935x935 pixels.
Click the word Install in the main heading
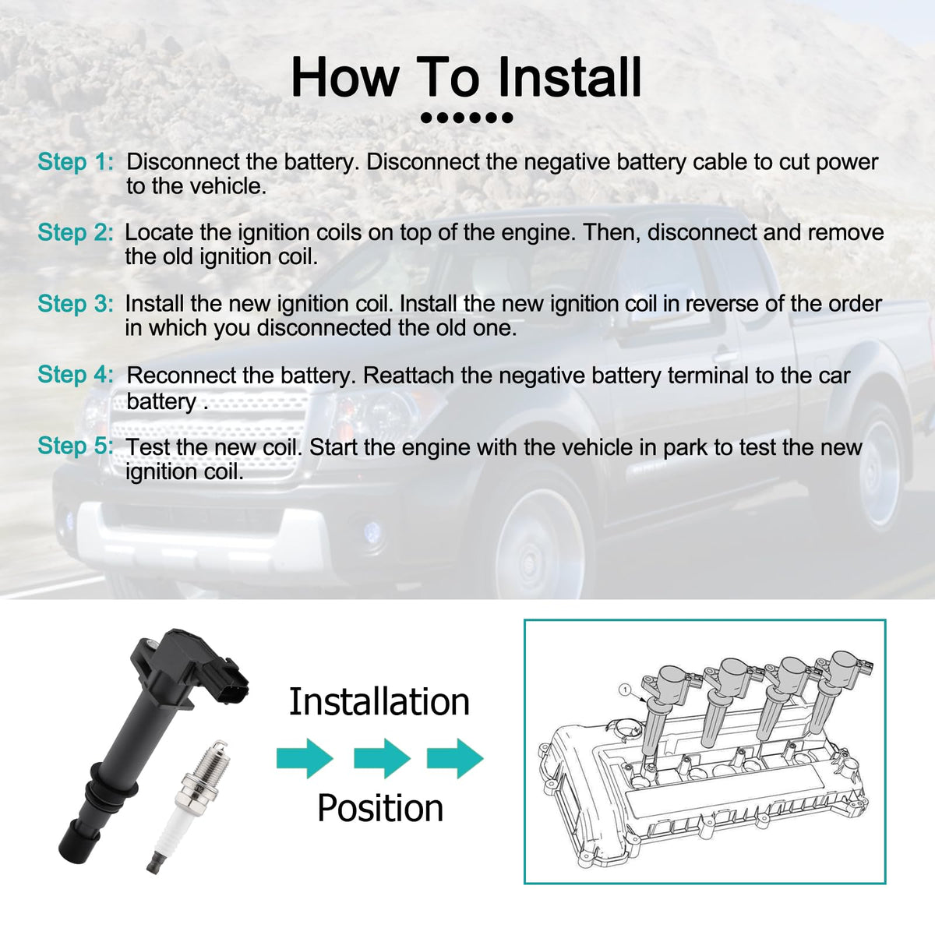coord(570,78)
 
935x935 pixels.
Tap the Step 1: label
coord(76,161)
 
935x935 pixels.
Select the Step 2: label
coord(76,232)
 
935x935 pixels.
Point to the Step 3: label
coord(76,304)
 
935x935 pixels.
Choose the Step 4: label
coord(76,375)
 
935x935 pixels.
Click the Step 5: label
coord(76,446)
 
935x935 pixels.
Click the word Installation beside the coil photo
coord(379,701)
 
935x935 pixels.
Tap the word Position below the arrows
coord(380,808)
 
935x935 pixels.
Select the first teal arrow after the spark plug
coord(305,758)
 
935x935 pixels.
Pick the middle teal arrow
coord(383,758)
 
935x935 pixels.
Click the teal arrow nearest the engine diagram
coord(455,758)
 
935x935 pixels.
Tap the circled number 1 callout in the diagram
coord(626,690)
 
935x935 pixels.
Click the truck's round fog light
coord(372,531)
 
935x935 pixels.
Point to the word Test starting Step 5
coord(148,447)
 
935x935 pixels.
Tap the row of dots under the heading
coord(467,118)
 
